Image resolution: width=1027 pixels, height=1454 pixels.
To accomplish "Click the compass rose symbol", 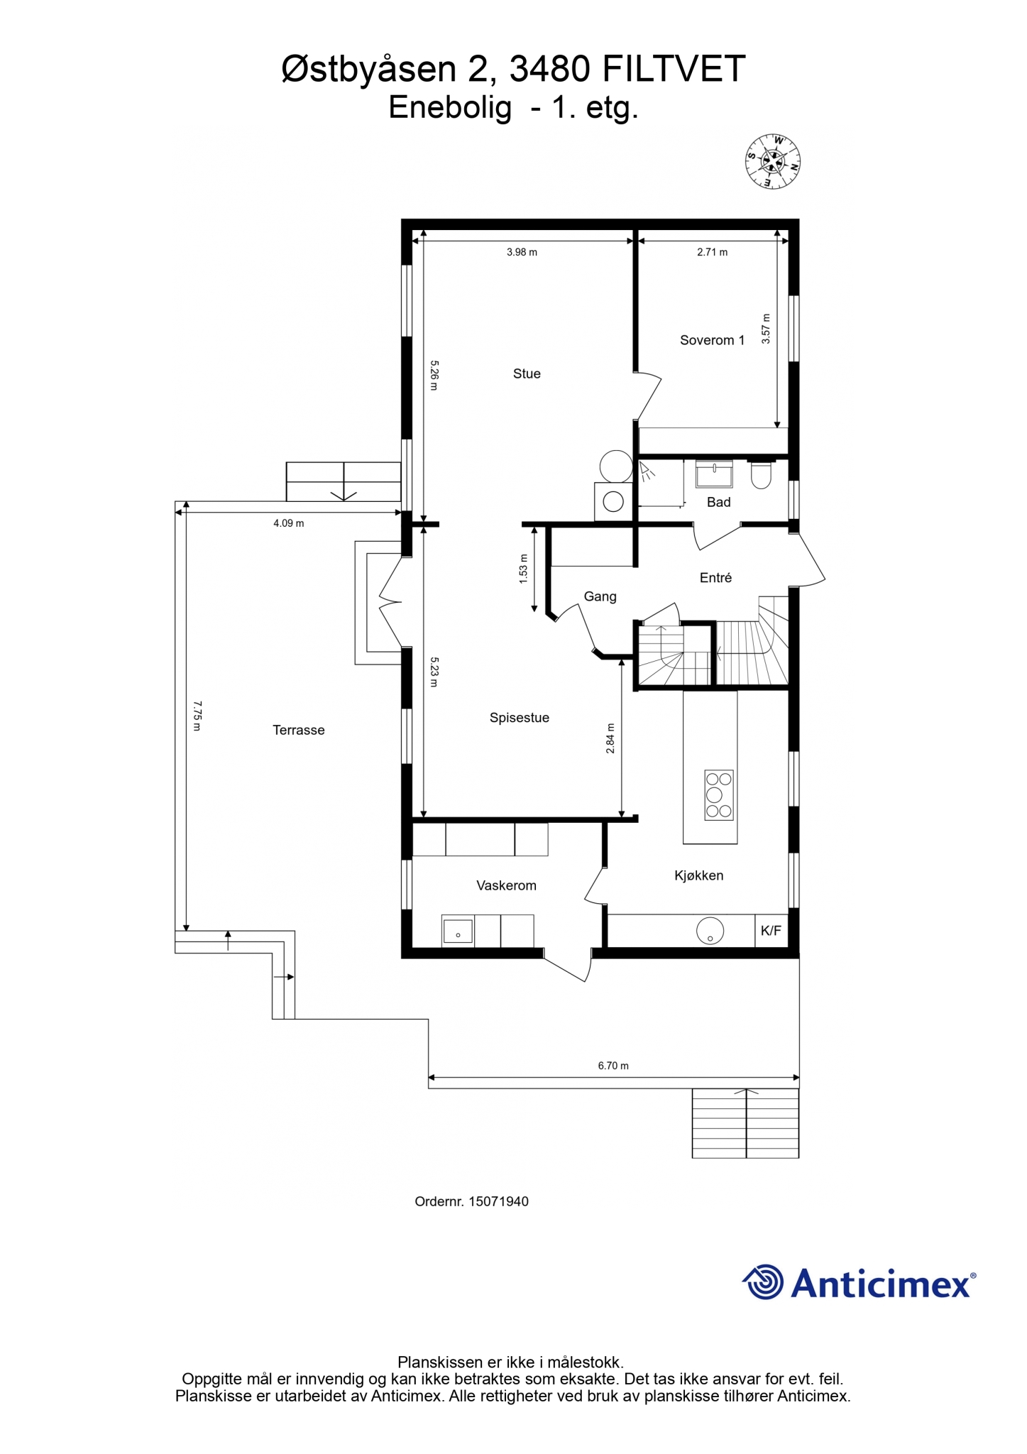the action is [x=773, y=161].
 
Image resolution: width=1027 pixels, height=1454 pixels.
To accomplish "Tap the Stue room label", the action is [x=527, y=374].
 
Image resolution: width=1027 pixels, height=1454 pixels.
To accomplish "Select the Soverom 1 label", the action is [x=712, y=340].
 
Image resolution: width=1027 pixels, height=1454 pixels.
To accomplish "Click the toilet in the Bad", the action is [x=761, y=475].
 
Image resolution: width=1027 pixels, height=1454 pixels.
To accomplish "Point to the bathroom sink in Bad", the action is [x=714, y=474].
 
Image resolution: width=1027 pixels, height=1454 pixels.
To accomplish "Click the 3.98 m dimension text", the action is [x=522, y=252].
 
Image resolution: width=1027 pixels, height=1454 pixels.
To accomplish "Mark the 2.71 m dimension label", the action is [x=712, y=252].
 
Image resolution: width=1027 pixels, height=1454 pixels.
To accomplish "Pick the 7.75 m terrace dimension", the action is [x=198, y=716].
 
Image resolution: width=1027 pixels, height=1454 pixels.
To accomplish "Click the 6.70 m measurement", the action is [x=613, y=1066].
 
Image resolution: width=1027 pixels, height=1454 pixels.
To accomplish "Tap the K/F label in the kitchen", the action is [x=771, y=931].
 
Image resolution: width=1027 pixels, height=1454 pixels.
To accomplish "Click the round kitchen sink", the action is [x=710, y=931].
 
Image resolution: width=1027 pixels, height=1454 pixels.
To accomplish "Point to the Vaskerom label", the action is [x=506, y=885].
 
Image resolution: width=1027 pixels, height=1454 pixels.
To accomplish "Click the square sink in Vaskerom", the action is [x=458, y=931].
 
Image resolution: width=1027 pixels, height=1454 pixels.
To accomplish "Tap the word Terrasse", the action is [x=299, y=730].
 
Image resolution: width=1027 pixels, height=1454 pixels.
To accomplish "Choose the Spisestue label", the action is [x=520, y=718].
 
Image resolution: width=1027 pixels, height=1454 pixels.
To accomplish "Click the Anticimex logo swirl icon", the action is [x=763, y=1283].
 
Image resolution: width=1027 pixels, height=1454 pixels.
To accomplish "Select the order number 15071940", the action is [x=498, y=1202].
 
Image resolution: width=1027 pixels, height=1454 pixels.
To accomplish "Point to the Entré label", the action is [x=715, y=578].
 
